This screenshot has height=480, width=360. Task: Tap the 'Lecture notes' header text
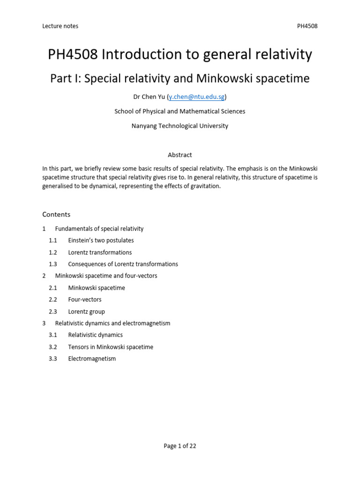click(x=60, y=26)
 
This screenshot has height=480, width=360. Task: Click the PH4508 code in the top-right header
click(x=307, y=26)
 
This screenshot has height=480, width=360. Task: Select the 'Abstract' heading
click(x=180, y=155)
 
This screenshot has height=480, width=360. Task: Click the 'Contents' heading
click(x=56, y=214)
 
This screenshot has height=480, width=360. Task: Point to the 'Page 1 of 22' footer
click(x=180, y=446)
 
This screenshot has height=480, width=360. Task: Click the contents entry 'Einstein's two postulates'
click(x=101, y=240)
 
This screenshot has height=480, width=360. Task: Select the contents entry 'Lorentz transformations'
click(x=100, y=252)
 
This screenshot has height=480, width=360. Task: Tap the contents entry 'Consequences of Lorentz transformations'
click(x=123, y=264)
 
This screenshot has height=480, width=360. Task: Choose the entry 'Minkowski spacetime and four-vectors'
click(x=106, y=276)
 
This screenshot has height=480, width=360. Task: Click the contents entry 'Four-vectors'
click(x=85, y=300)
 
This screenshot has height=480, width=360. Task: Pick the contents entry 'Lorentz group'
click(x=86, y=311)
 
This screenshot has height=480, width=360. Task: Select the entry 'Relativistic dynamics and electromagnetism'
click(x=112, y=323)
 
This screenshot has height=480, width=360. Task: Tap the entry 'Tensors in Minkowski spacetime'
click(x=111, y=347)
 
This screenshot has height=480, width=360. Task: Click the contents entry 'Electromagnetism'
click(x=92, y=359)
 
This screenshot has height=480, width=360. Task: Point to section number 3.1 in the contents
click(x=52, y=335)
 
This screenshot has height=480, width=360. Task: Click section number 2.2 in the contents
click(x=52, y=300)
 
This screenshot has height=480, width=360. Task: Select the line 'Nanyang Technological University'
click(x=180, y=126)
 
